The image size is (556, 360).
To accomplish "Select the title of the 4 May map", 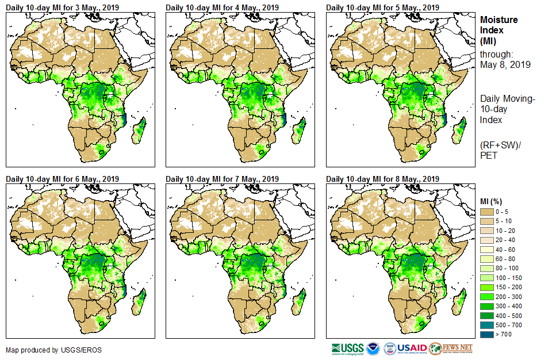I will pos(222,7).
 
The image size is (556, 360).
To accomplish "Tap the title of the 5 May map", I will pos(382,7).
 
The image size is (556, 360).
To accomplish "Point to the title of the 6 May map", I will pos(62,179).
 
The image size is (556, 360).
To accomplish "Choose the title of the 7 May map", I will pos(222,179).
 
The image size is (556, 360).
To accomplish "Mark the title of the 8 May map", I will pos(382,179).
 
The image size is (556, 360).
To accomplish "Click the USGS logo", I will pos(347,348).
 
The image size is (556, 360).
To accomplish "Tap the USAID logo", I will pos(412,348).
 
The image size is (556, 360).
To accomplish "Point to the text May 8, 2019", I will pos(505,65).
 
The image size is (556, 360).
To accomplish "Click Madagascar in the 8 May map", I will pos(459,302).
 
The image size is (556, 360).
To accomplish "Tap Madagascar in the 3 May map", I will pos(139,130).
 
